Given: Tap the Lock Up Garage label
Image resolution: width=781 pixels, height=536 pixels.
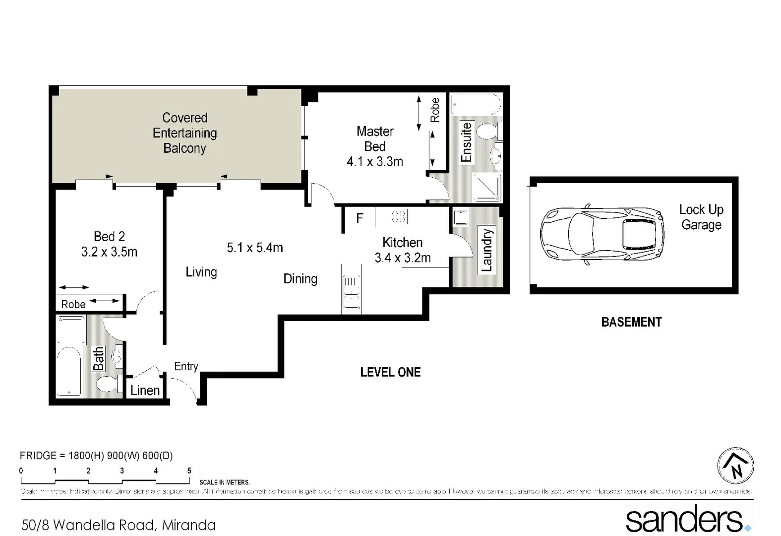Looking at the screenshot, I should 701,217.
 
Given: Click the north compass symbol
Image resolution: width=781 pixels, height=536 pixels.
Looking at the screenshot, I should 735,466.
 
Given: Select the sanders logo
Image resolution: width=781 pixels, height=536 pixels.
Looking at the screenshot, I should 687,520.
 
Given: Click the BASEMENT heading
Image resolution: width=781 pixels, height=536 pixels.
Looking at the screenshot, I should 631,322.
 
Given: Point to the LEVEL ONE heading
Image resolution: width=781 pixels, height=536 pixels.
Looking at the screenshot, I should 390,372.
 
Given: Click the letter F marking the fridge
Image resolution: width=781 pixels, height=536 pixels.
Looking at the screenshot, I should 360,218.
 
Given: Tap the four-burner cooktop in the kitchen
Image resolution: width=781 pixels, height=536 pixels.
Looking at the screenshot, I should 399,216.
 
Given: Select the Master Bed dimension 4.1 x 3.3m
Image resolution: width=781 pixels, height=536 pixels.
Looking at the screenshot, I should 375,162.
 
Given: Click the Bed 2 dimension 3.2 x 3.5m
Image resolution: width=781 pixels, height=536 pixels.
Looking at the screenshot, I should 109,252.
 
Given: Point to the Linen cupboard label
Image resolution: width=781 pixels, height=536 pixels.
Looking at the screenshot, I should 145,391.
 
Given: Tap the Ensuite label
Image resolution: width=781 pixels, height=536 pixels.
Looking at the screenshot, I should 466,142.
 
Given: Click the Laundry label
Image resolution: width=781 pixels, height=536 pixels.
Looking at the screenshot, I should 487,250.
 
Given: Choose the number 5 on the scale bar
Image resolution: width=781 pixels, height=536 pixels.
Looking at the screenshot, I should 189,470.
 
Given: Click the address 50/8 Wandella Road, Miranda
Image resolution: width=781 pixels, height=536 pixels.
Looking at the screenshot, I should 119,525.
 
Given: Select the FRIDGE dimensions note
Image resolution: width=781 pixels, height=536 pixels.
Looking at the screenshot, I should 96,456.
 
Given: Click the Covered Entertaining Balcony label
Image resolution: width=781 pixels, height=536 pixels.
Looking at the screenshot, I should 184,133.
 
